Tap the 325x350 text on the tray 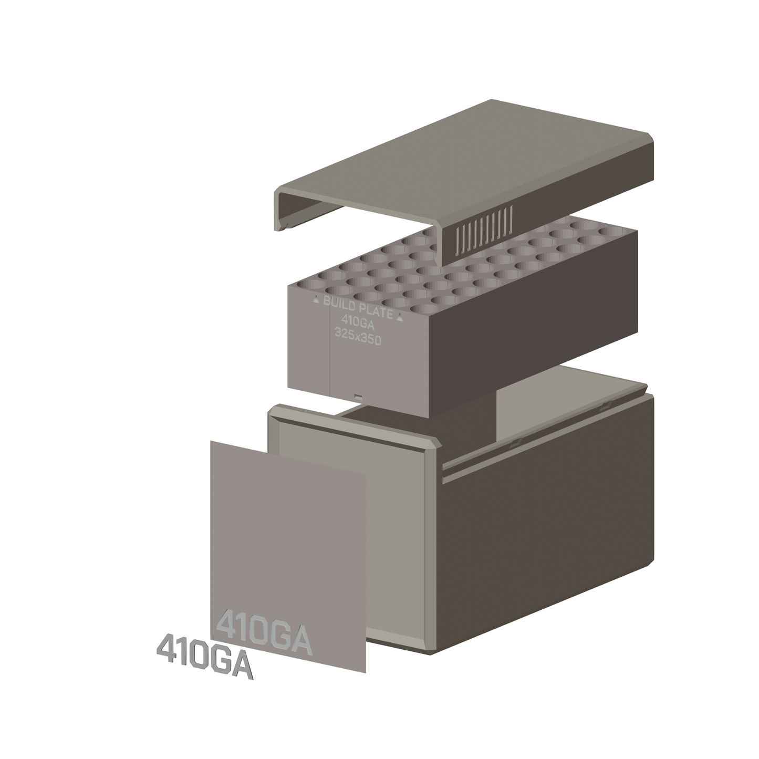pyautogui.click(x=358, y=338)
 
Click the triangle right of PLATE pyautogui.click(x=400, y=317)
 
